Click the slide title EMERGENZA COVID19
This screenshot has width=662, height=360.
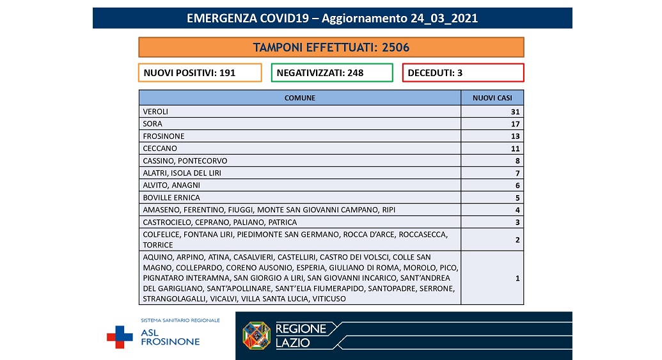(x=332, y=18)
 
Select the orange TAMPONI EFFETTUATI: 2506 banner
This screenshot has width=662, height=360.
(x=331, y=47)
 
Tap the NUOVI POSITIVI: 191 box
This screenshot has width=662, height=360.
(x=200, y=73)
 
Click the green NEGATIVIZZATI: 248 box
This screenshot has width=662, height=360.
(x=331, y=73)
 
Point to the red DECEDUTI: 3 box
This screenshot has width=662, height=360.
(x=462, y=73)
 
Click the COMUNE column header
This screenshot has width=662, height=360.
(x=300, y=98)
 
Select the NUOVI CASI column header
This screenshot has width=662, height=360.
(x=493, y=98)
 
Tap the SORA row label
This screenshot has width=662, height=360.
(x=153, y=123)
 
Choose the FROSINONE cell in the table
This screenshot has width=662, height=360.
(x=164, y=136)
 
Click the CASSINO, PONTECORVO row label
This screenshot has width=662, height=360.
(x=185, y=160)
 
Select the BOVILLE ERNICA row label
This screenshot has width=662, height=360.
(x=171, y=198)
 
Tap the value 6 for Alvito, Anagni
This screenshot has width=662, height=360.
(x=517, y=185)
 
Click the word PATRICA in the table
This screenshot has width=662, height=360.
(x=283, y=223)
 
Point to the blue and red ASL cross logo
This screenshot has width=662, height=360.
(x=120, y=336)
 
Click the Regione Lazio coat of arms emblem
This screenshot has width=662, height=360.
(x=256, y=335)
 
